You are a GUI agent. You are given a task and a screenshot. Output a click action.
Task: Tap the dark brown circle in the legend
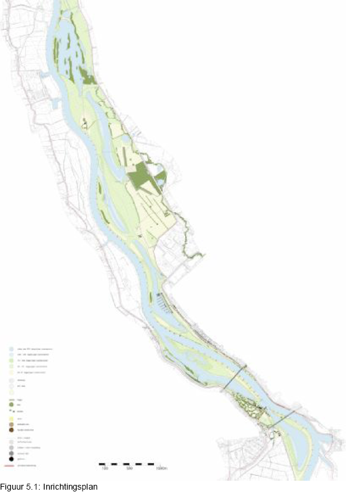tap(12, 430)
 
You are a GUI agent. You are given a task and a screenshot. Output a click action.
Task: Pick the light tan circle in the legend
tap(12, 424)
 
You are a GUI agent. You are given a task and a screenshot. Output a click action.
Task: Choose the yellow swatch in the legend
tap(12, 418)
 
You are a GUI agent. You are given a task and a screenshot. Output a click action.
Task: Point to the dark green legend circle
tap(12, 405)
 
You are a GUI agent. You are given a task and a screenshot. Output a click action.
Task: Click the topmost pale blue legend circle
tap(12, 348)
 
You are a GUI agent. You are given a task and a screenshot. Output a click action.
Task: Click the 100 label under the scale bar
tap(104, 469)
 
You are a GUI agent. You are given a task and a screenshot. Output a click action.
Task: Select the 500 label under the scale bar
tap(129, 469)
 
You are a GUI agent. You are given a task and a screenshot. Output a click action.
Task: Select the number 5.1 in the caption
tap(34, 485)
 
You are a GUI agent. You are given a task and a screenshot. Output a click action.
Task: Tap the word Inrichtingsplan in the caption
tap(70, 485)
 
